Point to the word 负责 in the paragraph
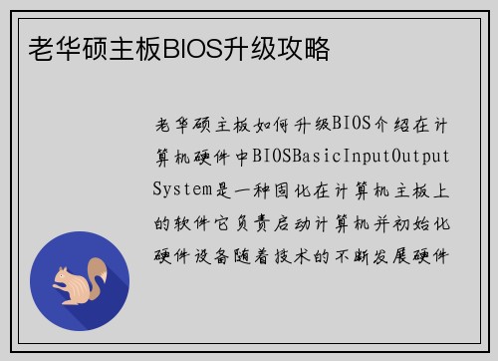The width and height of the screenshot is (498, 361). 259,219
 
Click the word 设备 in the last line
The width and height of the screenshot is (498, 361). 216,251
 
